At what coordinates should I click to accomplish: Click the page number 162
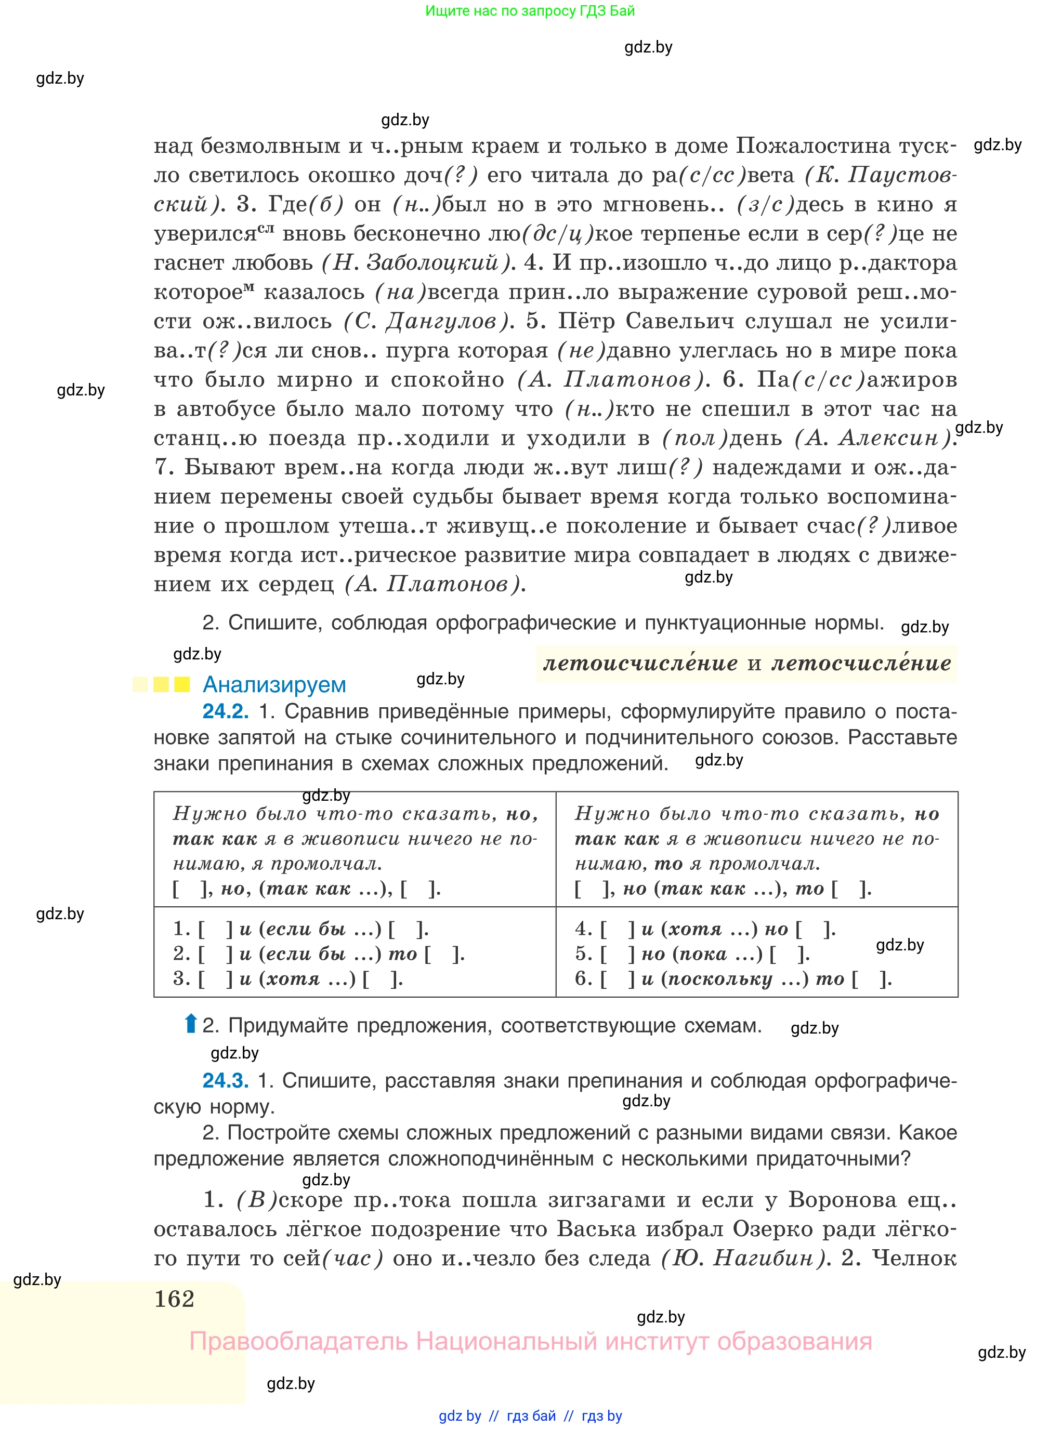[x=174, y=1299]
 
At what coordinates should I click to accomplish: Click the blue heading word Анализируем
[x=274, y=685]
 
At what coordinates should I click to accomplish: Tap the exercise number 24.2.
[x=225, y=711]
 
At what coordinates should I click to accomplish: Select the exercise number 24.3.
[x=225, y=1081]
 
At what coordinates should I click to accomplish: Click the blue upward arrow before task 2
[x=190, y=1024]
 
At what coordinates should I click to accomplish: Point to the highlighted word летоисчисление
[x=640, y=663]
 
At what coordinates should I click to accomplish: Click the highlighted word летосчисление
[x=861, y=663]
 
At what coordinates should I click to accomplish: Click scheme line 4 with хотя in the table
[x=705, y=929]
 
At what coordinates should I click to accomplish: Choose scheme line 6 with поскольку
[x=733, y=979]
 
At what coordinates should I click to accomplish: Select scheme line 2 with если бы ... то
[x=318, y=954]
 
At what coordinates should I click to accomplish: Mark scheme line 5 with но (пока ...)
[x=692, y=954]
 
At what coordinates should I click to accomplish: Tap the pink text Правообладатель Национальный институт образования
[x=530, y=1342]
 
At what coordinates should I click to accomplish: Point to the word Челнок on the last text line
[x=914, y=1258]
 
